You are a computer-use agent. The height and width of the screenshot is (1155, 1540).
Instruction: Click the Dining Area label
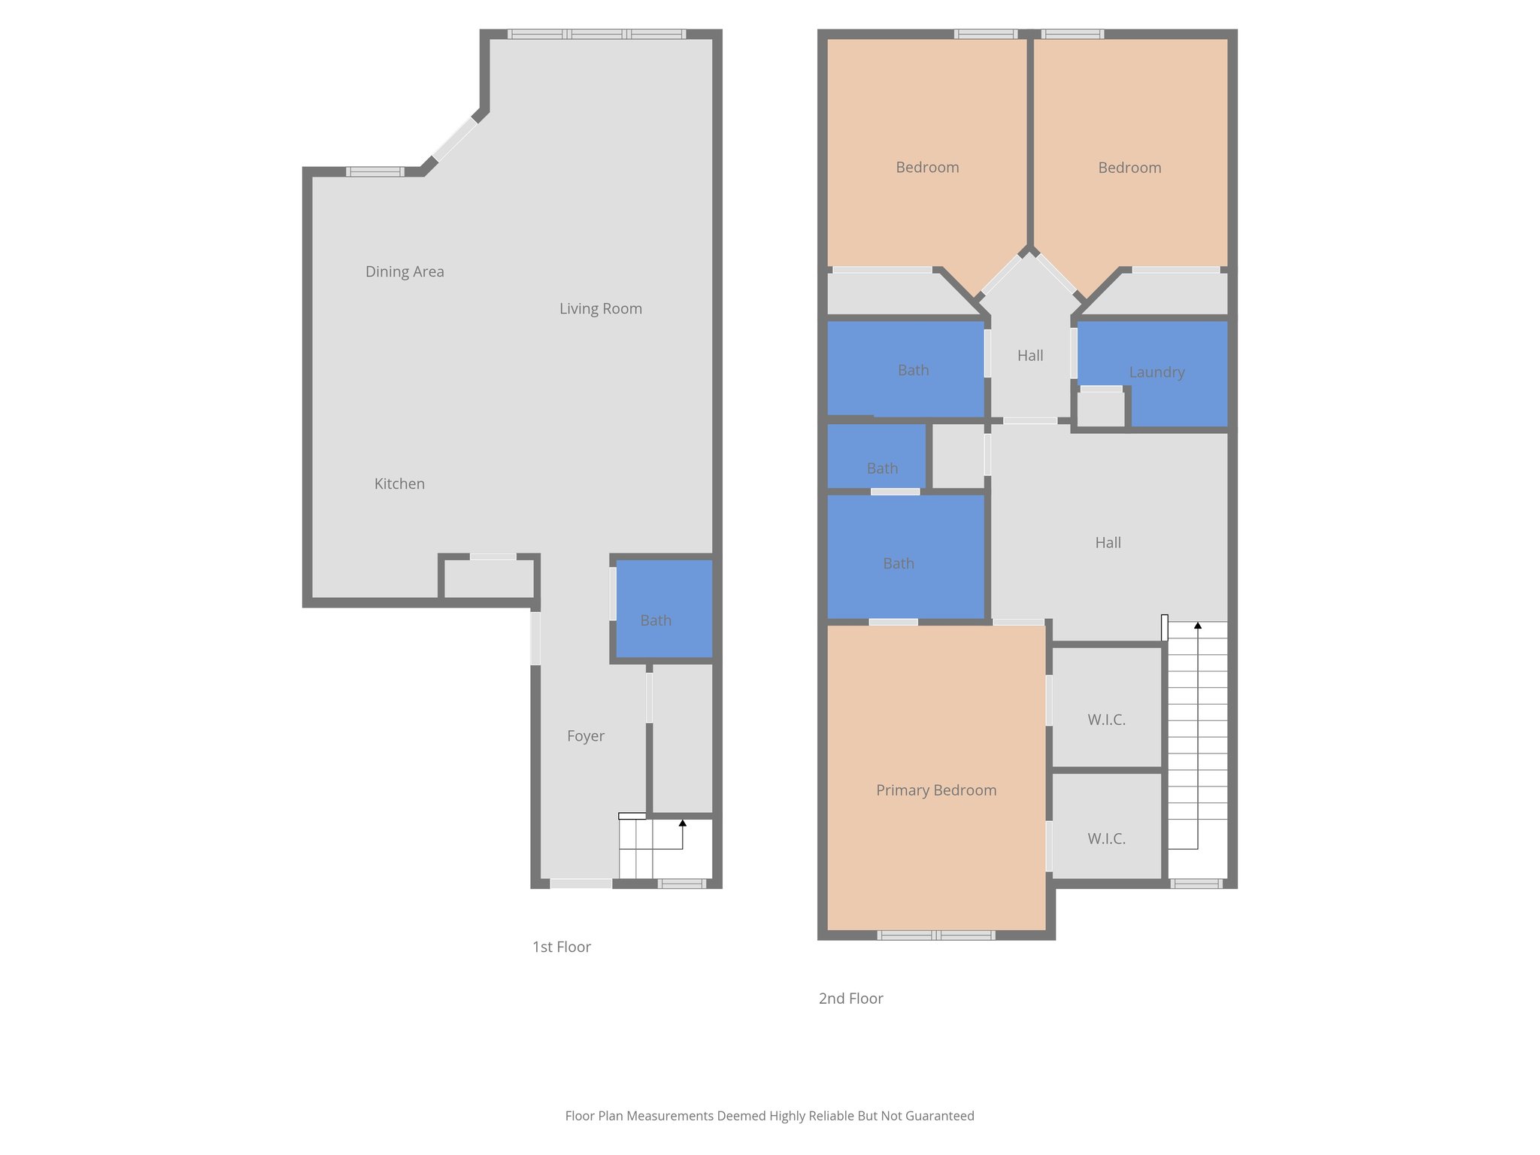pyautogui.click(x=405, y=271)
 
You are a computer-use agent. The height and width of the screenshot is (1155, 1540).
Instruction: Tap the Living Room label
pyautogui.click(x=600, y=308)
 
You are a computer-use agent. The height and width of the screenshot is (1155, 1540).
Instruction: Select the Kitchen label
pyautogui.click(x=399, y=484)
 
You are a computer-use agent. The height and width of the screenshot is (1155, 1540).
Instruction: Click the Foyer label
pyautogui.click(x=585, y=736)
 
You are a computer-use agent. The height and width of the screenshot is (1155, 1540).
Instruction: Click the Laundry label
pyautogui.click(x=1157, y=372)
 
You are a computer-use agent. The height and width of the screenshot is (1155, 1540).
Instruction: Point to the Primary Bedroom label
pyautogui.click(x=936, y=790)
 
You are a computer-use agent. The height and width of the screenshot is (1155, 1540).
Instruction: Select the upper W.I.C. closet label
pyautogui.click(x=1106, y=720)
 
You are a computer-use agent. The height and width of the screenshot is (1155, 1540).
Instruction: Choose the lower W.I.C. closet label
pyautogui.click(x=1106, y=838)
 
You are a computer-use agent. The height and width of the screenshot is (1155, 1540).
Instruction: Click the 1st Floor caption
pyautogui.click(x=561, y=947)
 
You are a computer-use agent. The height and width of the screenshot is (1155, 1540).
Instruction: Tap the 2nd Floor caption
pyautogui.click(x=850, y=999)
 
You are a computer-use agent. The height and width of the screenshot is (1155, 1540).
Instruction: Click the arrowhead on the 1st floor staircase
pyautogui.click(x=683, y=823)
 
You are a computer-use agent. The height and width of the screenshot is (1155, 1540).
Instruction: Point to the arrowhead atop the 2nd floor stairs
pyautogui.click(x=1198, y=626)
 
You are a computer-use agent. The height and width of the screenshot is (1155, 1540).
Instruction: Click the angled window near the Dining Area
pyautogui.click(x=454, y=140)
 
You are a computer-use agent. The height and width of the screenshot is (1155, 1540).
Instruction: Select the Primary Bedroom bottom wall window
pyautogui.click(x=936, y=935)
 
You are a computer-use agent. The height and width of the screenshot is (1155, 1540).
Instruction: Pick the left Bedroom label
pyautogui.click(x=927, y=168)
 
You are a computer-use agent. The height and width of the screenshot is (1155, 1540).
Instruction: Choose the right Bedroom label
pyautogui.click(x=1129, y=168)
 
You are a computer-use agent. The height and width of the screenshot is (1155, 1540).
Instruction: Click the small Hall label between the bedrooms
pyautogui.click(x=1030, y=356)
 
